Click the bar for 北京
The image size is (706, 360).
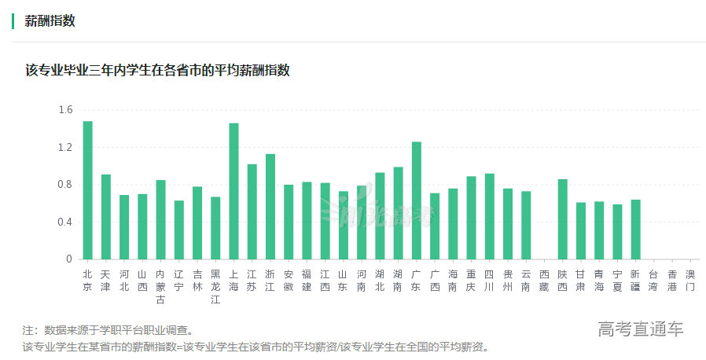pyautogui.click(x=87, y=190)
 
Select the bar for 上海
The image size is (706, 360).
pyautogui.click(x=233, y=191)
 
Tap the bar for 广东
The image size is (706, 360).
pyautogui.click(x=417, y=200)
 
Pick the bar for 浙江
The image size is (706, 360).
pyautogui.click(x=270, y=207)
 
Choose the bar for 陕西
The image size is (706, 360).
pyautogui.click(x=563, y=219)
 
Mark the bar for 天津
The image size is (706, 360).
pyautogui.click(x=106, y=217)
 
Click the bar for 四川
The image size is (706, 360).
pyautogui.click(x=490, y=216)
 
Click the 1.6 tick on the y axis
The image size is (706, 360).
pyautogui.click(x=65, y=110)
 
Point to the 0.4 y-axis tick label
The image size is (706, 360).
pyautogui.click(x=65, y=222)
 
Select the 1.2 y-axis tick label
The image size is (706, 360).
pyautogui.click(x=65, y=147)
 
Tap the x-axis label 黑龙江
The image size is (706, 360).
pyautogui.click(x=215, y=286)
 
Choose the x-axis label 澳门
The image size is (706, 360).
pyautogui.click(x=690, y=281)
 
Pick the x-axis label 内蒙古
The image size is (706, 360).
pyautogui.click(x=160, y=286)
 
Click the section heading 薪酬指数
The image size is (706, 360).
pyautogui.click(x=50, y=21)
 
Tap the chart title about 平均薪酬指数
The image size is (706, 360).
pyautogui.click(x=157, y=70)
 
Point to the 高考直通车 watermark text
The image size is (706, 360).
pyautogui.click(x=640, y=329)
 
